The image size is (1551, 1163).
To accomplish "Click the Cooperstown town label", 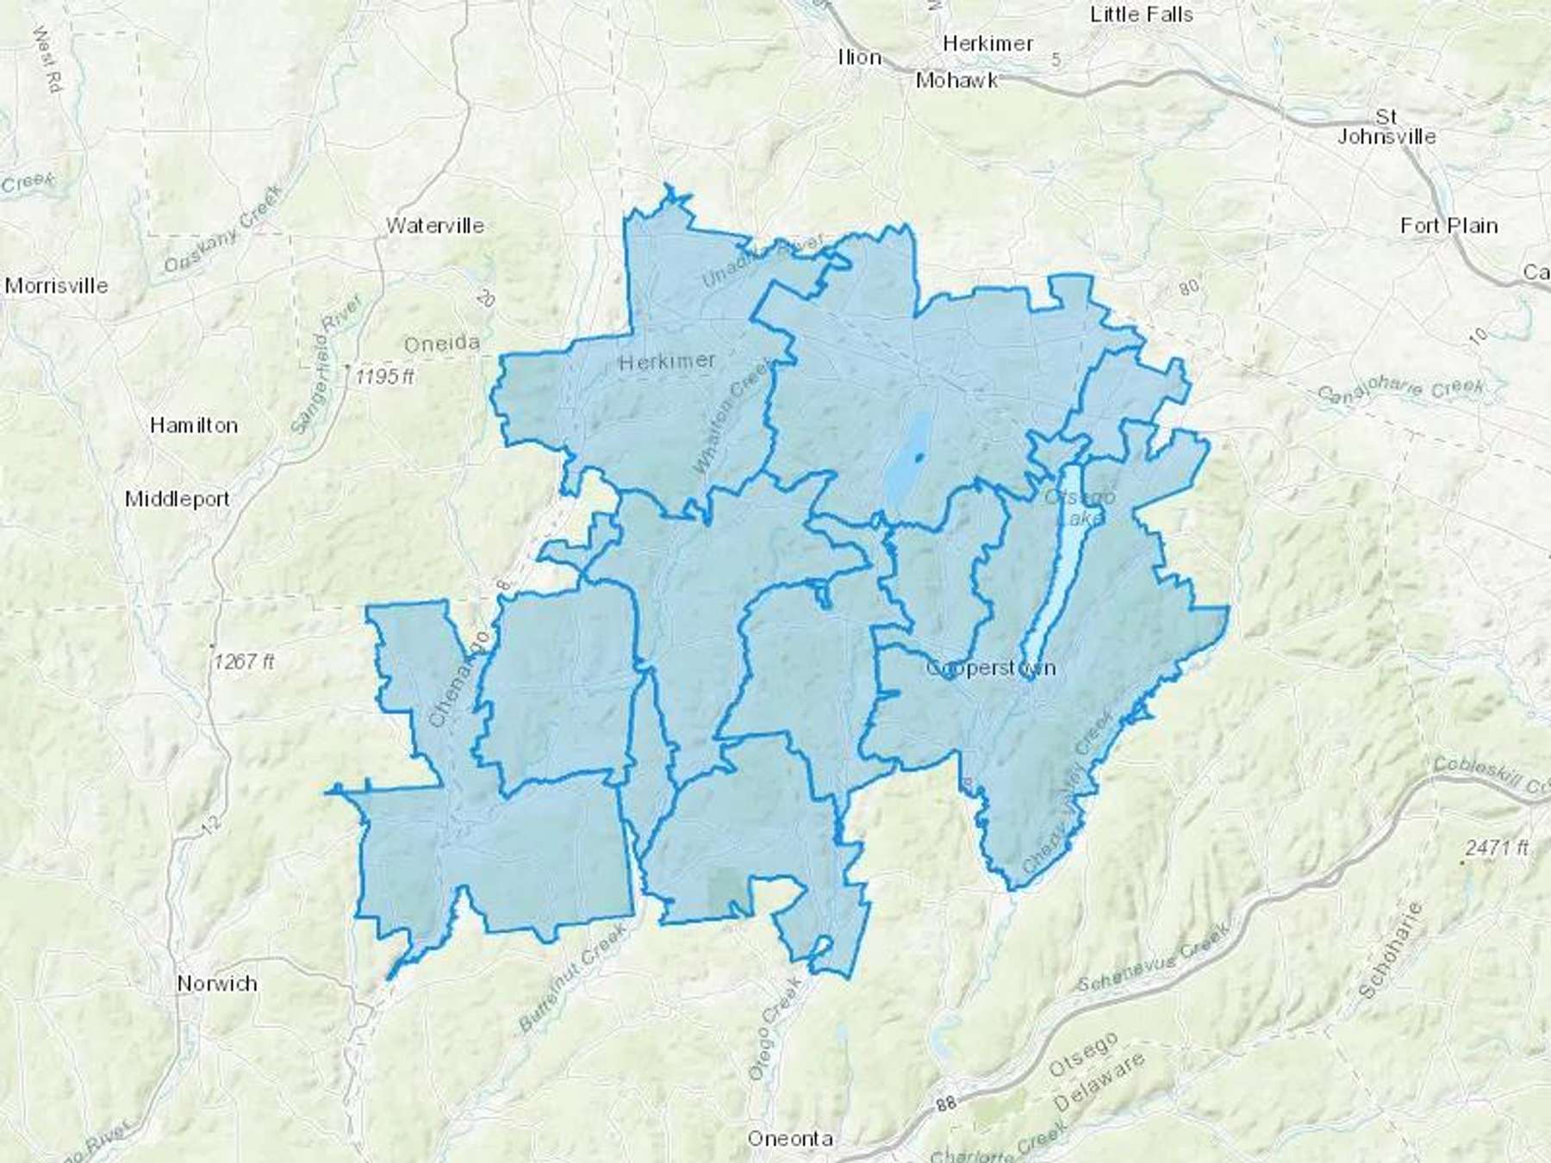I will point(990,669).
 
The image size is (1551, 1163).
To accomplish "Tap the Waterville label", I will point(435,226).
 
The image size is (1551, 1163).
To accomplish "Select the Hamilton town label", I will point(194,425).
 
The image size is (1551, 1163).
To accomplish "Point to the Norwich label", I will point(217,983).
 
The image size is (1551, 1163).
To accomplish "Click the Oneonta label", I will point(790,1139).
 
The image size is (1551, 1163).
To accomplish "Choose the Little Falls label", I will point(1142,15).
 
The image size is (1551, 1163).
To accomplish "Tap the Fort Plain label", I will point(1449,226).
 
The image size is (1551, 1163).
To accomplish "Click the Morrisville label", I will point(57,285).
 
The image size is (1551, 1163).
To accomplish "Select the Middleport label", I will point(178,499).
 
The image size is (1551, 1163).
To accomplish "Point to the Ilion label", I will point(860,58).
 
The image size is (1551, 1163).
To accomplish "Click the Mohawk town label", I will point(957,80).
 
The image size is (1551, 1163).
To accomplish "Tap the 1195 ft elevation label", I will point(385,376).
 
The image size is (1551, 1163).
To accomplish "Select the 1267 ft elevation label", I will point(244,662).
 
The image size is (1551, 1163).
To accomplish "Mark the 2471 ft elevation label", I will point(1498,848).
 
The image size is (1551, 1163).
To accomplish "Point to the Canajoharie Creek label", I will point(1401,391).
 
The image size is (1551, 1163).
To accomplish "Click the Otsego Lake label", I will point(1081,507).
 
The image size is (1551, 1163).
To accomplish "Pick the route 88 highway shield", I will point(947,1103).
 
